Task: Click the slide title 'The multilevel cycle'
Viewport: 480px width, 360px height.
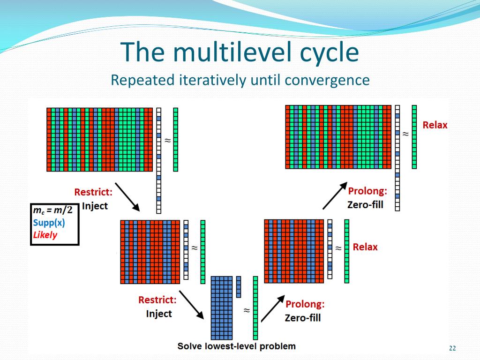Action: pos(240,52)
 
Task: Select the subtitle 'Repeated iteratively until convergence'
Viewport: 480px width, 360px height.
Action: pos(240,80)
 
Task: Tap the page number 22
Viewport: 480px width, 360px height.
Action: pos(452,348)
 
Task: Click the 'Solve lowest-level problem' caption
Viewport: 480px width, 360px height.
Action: pos(236,346)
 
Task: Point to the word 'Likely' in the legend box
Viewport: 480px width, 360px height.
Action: pos(45,235)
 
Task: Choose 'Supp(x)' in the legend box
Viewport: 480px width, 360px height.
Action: pos(49,223)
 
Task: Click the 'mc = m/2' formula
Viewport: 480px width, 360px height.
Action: pos(52,210)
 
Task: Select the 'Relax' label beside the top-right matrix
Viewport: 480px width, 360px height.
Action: pos(435,125)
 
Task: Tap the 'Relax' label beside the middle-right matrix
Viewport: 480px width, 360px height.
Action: pos(365,247)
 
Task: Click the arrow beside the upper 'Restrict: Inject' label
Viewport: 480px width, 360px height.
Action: pos(127,196)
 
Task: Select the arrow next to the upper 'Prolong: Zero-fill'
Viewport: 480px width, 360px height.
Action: pos(334,195)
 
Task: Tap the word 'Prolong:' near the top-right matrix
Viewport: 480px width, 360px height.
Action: pos(367,191)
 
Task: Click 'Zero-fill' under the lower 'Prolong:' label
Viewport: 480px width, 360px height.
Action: pos(303,318)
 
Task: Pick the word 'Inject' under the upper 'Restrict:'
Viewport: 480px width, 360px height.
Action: pos(95,206)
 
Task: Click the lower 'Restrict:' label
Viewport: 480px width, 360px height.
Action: pos(157,300)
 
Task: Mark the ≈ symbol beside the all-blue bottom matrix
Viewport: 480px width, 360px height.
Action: pos(246,310)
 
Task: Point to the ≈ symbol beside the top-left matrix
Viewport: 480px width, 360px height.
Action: pos(167,140)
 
